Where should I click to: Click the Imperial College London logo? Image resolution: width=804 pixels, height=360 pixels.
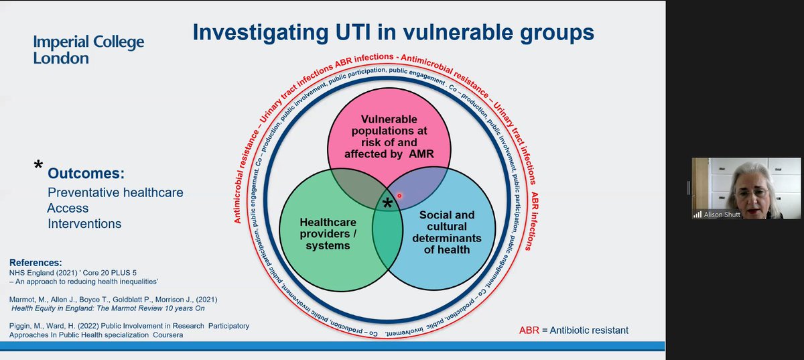point(88,50)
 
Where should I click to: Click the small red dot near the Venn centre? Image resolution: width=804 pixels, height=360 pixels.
point(399,196)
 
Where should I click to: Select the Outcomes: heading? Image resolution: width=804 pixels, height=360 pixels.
point(86,174)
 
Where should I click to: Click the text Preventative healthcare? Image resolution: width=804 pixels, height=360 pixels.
point(115,192)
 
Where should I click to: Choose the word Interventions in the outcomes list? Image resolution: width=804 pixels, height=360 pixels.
point(84,223)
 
